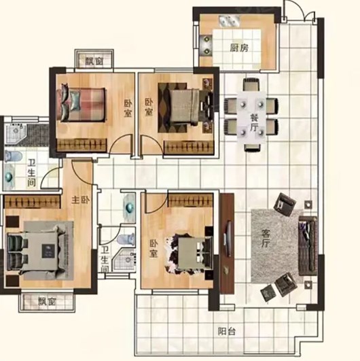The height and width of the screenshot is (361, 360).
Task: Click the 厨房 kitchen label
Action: pyautogui.click(x=239, y=48)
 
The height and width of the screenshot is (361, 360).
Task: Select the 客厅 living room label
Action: pyautogui.click(x=265, y=239)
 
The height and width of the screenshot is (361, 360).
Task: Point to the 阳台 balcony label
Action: pyautogui.click(x=227, y=332)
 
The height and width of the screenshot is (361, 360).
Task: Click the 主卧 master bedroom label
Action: pyautogui.click(x=81, y=200)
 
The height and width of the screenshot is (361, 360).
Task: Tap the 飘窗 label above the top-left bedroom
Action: pyautogui.click(x=94, y=61)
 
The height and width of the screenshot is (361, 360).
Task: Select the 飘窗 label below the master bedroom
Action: pyautogui.click(x=47, y=301)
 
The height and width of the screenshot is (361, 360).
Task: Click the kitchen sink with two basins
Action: pyautogui.click(x=229, y=21)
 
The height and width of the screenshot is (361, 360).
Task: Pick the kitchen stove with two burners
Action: pyautogui.click(x=206, y=46)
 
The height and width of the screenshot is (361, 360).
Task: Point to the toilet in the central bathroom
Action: pyautogui.click(x=126, y=239)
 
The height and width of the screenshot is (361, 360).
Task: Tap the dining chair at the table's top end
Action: pyautogui.click(x=251, y=84)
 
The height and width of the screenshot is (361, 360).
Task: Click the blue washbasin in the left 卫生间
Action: pyautogui.click(x=9, y=177)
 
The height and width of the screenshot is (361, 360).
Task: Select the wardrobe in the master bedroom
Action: pyautogui.click(x=33, y=202)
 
